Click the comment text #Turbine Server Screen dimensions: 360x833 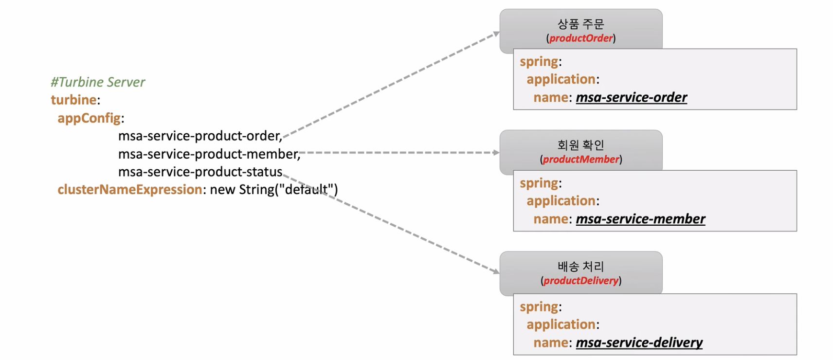click(x=98, y=82)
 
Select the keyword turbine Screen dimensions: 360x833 click(x=73, y=100)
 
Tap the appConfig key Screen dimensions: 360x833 click(x=89, y=118)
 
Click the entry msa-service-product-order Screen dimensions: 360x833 click(x=199, y=136)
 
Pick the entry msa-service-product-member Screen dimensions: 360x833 click(x=209, y=154)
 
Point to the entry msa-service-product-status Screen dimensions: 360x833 click(x=200, y=172)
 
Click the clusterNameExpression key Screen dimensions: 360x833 click(x=129, y=189)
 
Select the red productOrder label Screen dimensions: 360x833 click(x=581, y=38)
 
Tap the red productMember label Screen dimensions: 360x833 click(x=581, y=159)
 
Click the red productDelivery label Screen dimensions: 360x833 click(x=581, y=280)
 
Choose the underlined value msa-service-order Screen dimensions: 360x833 click(x=631, y=97)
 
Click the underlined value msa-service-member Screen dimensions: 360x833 click(x=640, y=219)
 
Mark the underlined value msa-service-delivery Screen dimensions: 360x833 click(x=639, y=342)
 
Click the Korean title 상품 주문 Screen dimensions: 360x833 click(x=580, y=24)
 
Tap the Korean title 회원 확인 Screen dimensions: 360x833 click(x=580, y=145)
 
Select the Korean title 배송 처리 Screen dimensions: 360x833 click(x=580, y=267)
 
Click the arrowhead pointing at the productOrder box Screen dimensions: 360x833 click(x=496, y=34)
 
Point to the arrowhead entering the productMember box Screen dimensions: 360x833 click(x=496, y=153)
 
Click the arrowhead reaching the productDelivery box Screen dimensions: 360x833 click(x=496, y=271)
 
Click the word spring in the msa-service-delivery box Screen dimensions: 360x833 click(x=539, y=306)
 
